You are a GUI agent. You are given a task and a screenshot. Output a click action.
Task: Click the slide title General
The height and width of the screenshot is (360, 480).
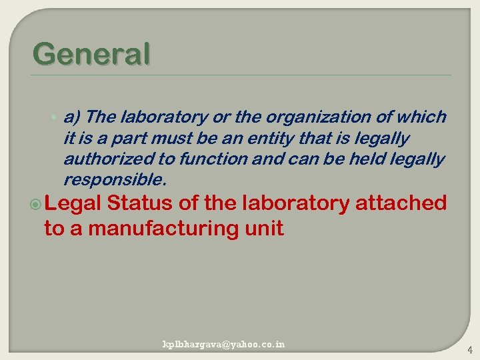[x=91, y=54]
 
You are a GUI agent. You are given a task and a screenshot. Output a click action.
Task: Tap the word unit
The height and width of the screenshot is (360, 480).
[x=266, y=229]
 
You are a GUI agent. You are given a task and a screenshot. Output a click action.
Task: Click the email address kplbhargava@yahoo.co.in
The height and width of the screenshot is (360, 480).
[x=224, y=344]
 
